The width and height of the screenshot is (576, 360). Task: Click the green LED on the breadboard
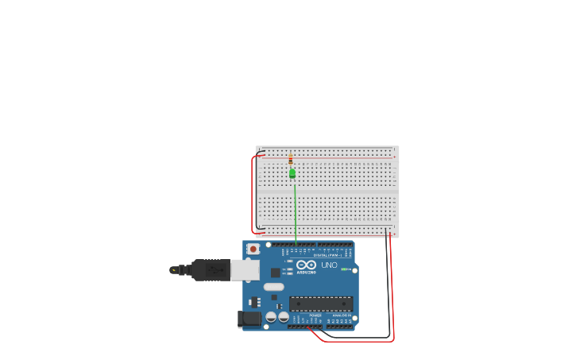tap(292, 172)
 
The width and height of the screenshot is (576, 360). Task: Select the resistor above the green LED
tap(291, 159)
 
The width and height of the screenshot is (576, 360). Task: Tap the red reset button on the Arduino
tap(253, 249)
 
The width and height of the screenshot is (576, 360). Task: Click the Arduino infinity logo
tap(307, 264)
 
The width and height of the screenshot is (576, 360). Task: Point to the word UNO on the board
tap(329, 265)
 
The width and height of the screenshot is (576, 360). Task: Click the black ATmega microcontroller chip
tap(321, 303)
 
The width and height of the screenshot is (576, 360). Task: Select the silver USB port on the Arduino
tap(245, 270)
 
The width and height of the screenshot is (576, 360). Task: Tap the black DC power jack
tap(249, 319)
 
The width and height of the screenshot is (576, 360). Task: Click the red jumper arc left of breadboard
tap(253, 195)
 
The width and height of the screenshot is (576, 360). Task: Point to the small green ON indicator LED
tap(344, 269)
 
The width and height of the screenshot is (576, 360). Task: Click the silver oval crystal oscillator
tap(274, 287)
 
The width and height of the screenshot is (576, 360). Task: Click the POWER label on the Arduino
tap(315, 315)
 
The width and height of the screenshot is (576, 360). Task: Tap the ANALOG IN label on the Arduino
tap(342, 315)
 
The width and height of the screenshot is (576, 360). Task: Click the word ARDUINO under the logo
tap(307, 272)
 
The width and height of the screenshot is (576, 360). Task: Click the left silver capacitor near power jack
tap(271, 316)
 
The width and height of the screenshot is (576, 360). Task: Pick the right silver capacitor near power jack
tap(284, 316)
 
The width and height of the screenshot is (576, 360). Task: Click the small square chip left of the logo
tap(276, 273)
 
